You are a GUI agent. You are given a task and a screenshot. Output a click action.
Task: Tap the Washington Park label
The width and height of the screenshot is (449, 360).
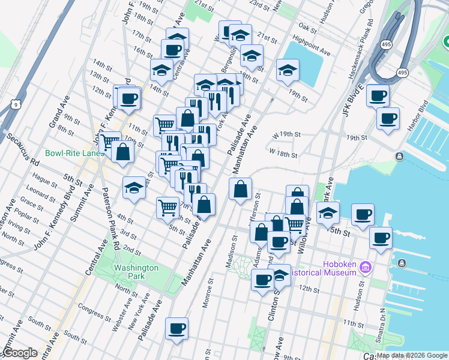tap(136, 272)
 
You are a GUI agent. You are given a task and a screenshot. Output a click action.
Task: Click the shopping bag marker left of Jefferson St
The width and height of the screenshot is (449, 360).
tap(240, 190)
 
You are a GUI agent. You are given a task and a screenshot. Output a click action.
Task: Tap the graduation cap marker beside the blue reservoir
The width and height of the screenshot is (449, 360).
tap(288, 70)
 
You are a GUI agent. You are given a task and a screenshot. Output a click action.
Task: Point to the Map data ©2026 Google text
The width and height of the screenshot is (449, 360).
tap(411, 355)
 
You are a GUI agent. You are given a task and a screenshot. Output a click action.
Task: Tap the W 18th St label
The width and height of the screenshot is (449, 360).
tap(283, 154)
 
